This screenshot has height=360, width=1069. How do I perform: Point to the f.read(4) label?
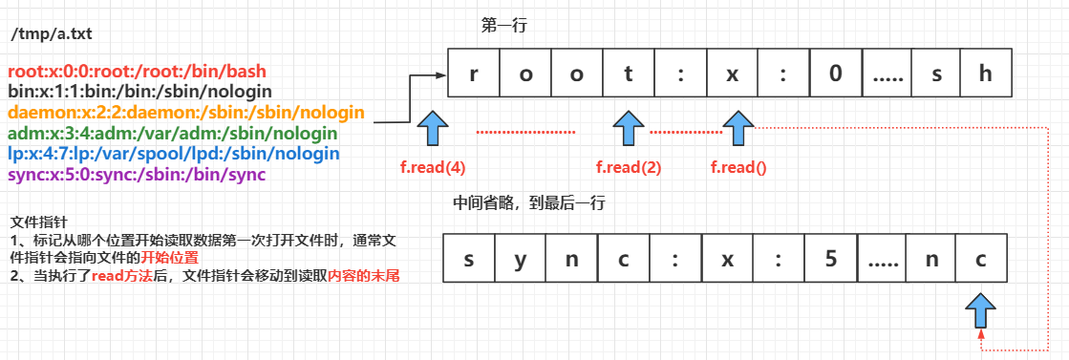(x=433, y=168)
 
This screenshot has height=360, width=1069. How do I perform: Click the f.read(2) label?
(x=628, y=168)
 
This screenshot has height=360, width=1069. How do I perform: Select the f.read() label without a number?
(x=738, y=168)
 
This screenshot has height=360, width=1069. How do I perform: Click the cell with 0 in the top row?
(x=836, y=74)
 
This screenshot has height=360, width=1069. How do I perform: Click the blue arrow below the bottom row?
(x=981, y=311)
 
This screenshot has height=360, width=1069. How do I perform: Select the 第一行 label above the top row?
(x=503, y=26)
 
